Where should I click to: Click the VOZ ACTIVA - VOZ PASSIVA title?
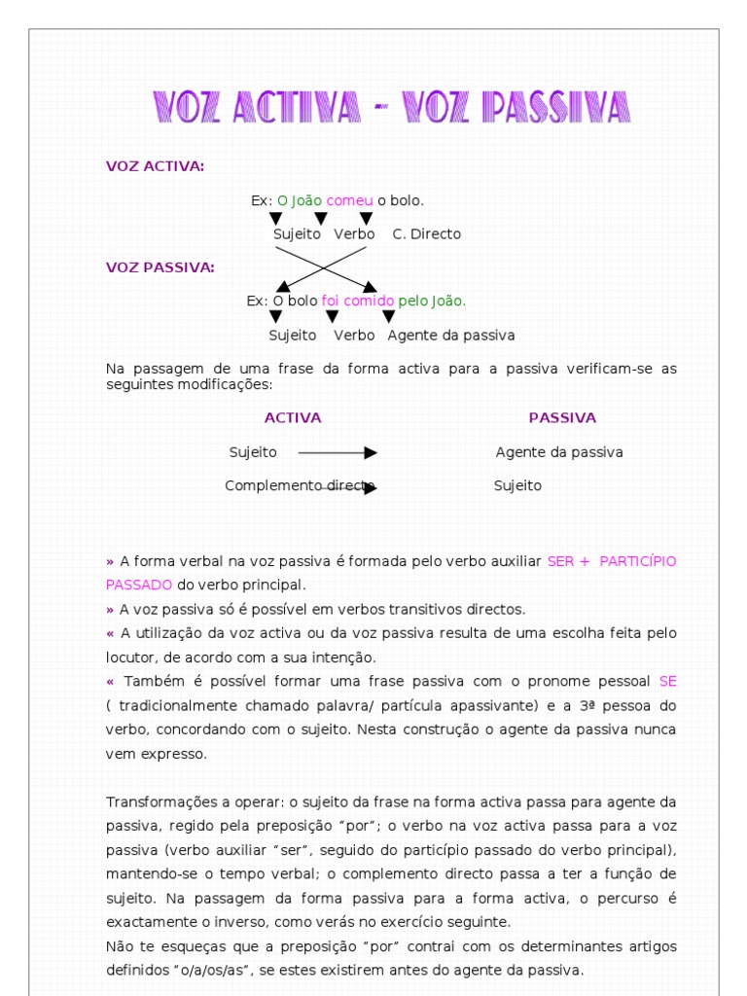[392, 108]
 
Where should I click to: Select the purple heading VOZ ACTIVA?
[155, 166]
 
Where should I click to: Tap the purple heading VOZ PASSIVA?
[160, 267]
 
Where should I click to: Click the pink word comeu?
[349, 200]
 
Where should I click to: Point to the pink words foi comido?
[357, 302]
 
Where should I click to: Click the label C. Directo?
[426, 234]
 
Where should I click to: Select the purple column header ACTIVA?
[293, 418]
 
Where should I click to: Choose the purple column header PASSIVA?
[562, 418]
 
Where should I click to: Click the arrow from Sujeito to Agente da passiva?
[337, 452]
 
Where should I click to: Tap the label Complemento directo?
[300, 485]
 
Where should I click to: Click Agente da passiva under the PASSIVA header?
[559, 452]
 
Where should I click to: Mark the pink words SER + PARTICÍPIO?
[612, 561]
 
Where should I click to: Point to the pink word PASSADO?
[139, 585]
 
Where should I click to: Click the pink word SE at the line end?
[667, 681]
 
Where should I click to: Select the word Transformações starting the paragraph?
[155, 801]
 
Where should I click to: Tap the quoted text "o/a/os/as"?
[209, 970]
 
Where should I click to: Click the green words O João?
[300, 200]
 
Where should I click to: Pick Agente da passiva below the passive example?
[450, 336]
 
